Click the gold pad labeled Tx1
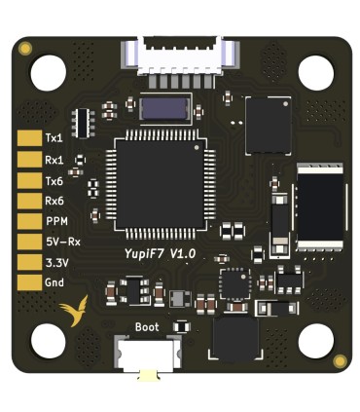click(x=27, y=138)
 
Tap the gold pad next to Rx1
click(x=27, y=159)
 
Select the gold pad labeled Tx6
click(x=27, y=180)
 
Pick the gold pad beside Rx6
click(x=27, y=201)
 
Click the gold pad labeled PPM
click(x=27, y=221)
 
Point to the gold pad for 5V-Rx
click(x=27, y=242)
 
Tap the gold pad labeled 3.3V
click(x=27, y=262)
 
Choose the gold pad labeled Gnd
click(x=27, y=282)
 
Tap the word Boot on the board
click(x=147, y=327)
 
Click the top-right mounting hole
click(x=315, y=71)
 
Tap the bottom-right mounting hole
click(x=315, y=342)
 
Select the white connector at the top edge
click(x=180, y=55)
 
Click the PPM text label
click(x=55, y=221)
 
